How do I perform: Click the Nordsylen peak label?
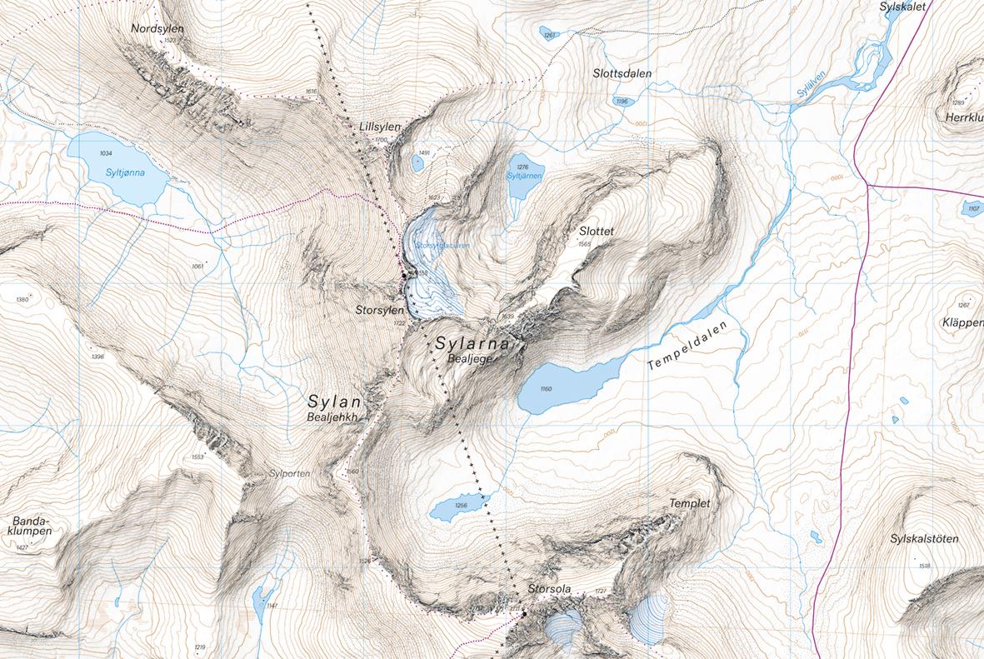pyautogui.click(x=157, y=28)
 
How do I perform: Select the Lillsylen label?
pyautogui.click(x=379, y=126)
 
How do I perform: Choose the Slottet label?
pyautogui.click(x=596, y=231)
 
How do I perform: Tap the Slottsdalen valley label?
pyautogui.click(x=622, y=73)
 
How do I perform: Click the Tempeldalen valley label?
pyautogui.click(x=687, y=346)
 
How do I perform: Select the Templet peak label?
pyautogui.click(x=689, y=504)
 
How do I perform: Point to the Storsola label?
pyautogui.click(x=550, y=590)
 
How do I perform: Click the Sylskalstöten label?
pyautogui.click(x=923, y=539)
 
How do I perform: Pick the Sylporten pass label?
pyautogui.click(x=289, y=473)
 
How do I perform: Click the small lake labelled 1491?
pyautogui.click(x=417, y=162)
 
